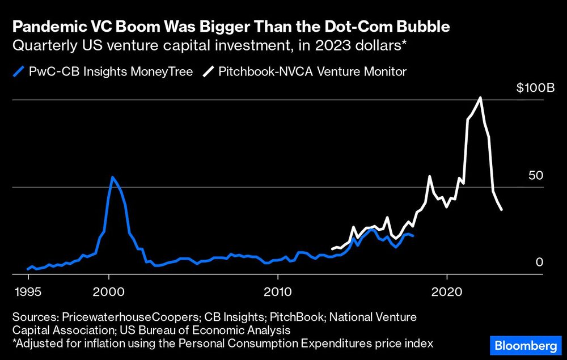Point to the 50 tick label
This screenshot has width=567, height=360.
click(535, 176)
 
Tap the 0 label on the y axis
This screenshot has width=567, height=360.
click(539, 262)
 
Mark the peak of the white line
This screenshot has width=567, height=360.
click(481, 98)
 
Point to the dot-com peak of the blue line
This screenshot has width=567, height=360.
click(112, 177)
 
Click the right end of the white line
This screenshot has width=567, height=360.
click(501, 210)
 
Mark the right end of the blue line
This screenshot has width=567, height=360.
click(413, 235)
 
